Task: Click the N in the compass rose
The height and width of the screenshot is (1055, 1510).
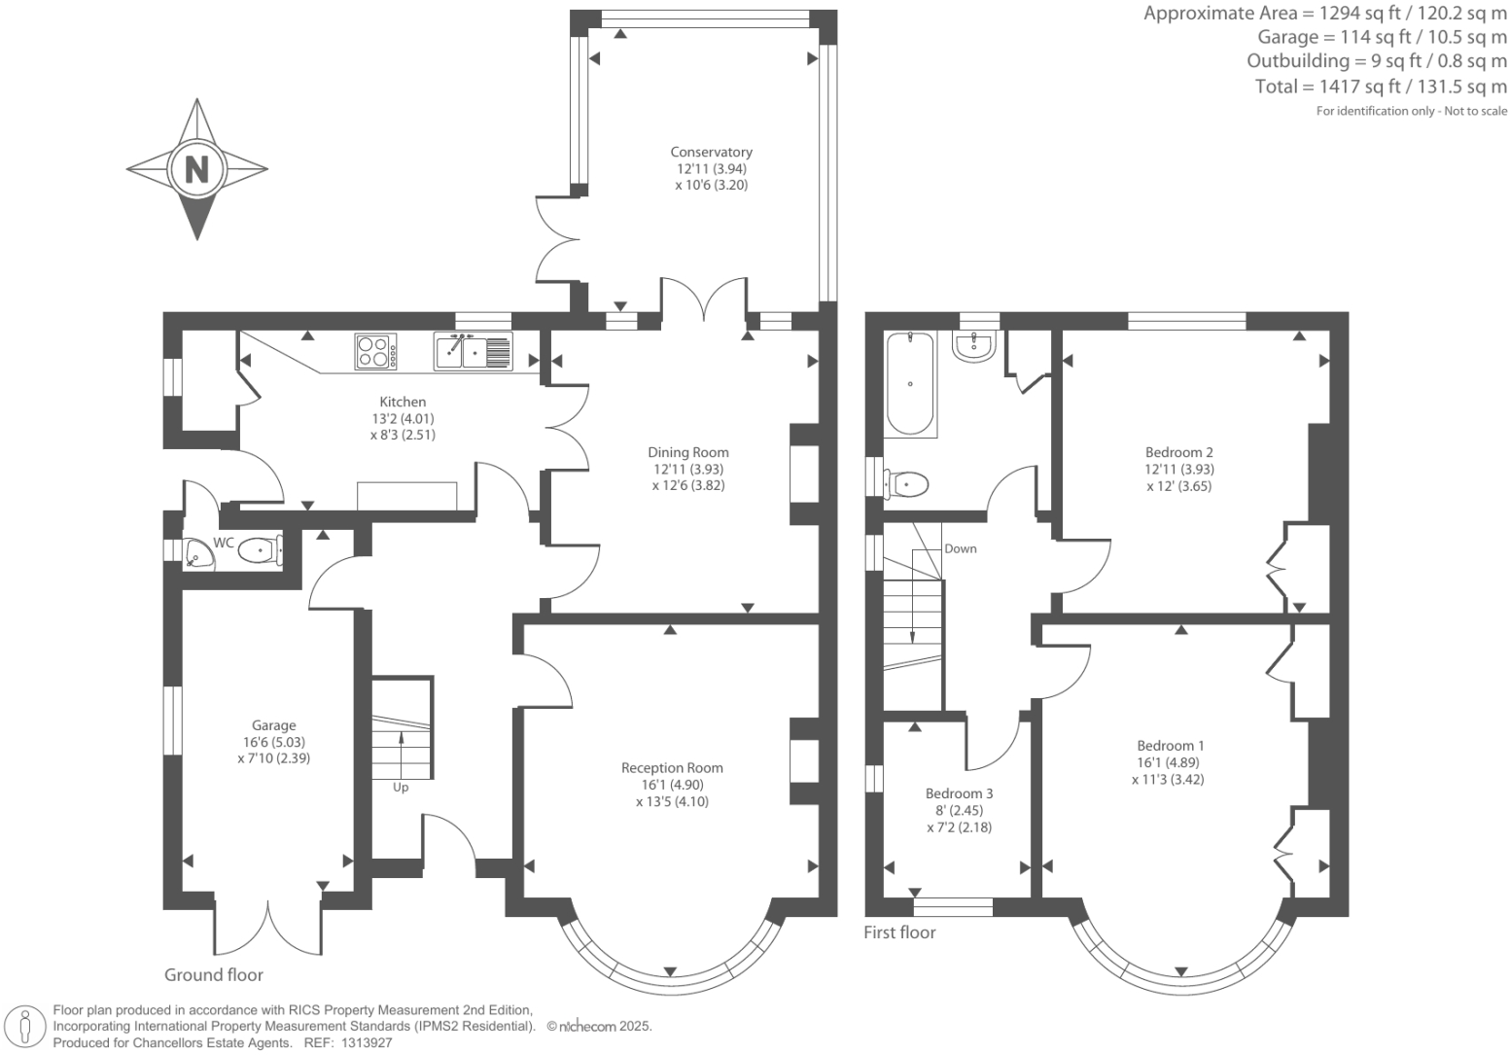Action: [196, 169]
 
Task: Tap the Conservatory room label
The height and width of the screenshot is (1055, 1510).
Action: [711, 153]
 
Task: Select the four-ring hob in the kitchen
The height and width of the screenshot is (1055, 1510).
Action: [375, 352]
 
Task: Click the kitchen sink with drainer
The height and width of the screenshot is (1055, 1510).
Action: [474, 351]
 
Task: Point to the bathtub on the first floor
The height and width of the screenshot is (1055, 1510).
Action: [910, 384]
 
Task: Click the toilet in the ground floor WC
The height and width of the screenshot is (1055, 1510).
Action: [261, 550]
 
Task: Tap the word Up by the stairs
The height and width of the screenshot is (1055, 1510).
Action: [401, 788]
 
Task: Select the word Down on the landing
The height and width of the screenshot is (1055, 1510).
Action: [960, 548]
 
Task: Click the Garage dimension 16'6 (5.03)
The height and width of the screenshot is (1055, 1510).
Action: [273, 742]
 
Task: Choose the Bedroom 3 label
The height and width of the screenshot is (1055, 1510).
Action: [960, 793]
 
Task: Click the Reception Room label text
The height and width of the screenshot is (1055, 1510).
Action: [672, 768]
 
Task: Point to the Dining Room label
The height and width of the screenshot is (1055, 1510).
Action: [688, 452]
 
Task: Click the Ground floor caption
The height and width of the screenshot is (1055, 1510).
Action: [214, 974]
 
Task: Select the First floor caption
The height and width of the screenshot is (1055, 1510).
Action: [900, 932]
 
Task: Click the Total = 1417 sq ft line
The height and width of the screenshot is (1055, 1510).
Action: [1381, 87]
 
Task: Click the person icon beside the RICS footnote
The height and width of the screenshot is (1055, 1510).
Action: [25, 1027]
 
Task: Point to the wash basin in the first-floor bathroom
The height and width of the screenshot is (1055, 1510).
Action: [974, 346]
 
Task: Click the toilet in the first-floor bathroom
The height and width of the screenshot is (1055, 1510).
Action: [905, 484]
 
